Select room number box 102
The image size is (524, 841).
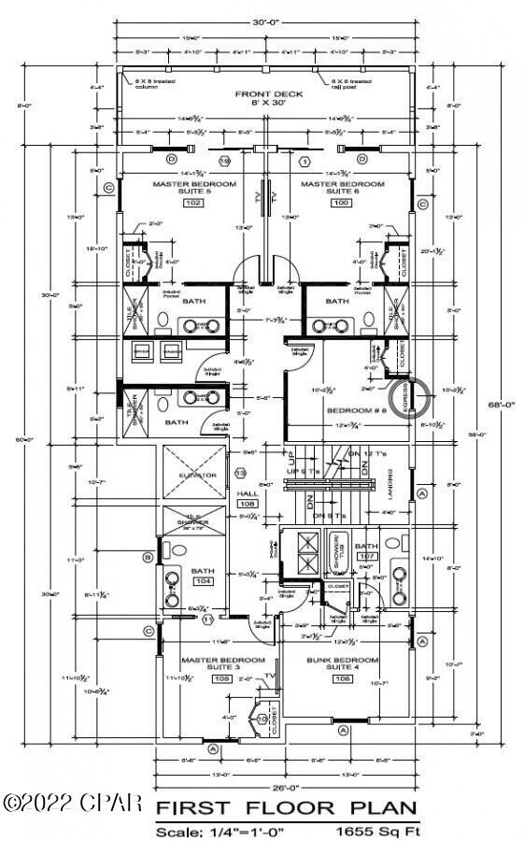pyautogui.click(x=193, y=203)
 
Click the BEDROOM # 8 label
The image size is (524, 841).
pyautogui.click(x=350, y=410)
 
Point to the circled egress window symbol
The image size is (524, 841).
pyautogui.click(x=406, y=396)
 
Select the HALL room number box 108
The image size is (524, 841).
pyautogui.click(x=248, y=504)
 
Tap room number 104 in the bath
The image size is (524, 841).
pyautogui.click(x=203, y=580)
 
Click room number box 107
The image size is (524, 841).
pyautogui.click(x=366, y=556)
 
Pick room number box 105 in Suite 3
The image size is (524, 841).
pyautogui.click(x=221, y=679)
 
